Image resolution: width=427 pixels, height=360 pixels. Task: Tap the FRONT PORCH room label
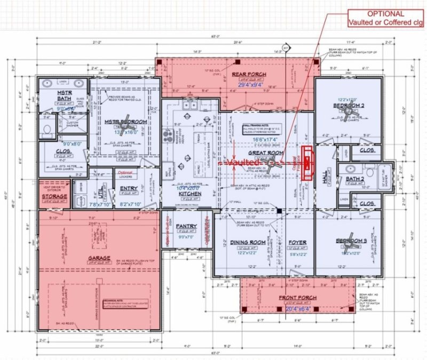point(297,297)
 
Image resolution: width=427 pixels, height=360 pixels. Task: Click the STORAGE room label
point(55,197)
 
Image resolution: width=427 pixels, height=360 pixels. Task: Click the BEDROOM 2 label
point(347,106)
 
